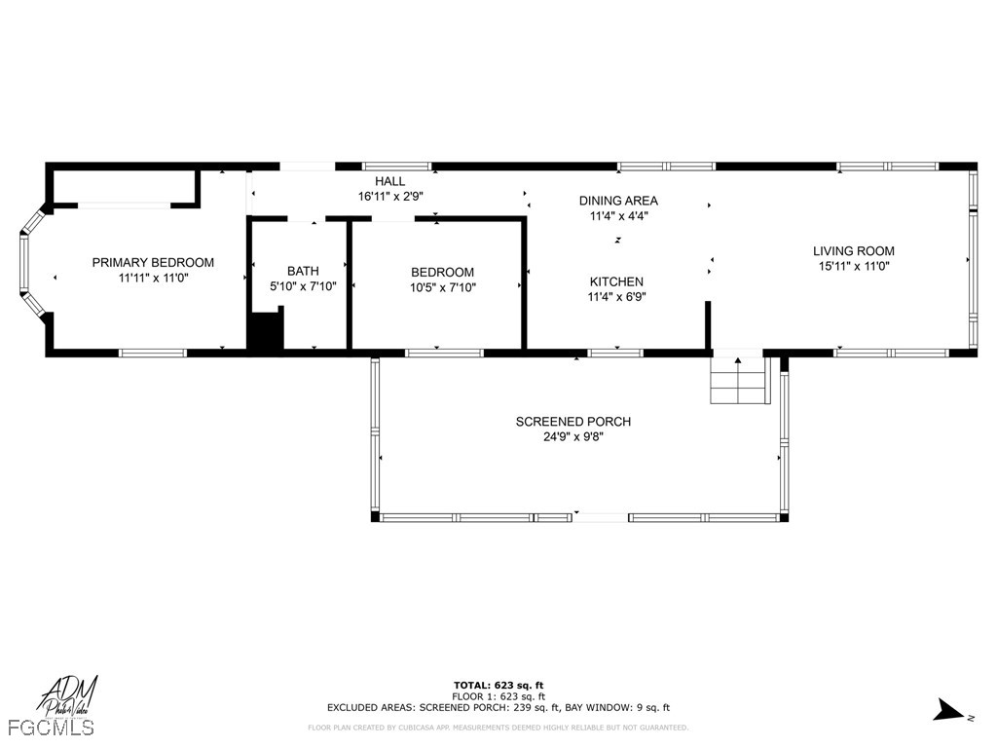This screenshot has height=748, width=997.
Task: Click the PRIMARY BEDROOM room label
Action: tap(153, 262)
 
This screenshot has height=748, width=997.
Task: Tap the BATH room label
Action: tap(303, 271)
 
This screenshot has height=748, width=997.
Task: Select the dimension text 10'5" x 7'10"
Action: tap(442, 287)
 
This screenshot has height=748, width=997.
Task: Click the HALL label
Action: tap(389, 181)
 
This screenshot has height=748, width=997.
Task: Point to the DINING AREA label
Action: tap(618, 201)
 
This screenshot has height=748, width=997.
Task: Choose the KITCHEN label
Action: tap(615, 281)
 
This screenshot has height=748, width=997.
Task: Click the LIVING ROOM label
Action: tap(853, 251)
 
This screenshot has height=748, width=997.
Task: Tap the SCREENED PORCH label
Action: tap(572, 422)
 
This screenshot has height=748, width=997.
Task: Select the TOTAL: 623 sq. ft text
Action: tap(498, 685)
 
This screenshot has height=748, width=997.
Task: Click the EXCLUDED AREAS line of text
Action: tap(498, 708)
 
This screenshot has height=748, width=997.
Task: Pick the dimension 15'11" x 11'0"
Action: tap(853, 266)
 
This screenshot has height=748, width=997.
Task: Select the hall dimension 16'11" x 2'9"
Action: tap(389, 196)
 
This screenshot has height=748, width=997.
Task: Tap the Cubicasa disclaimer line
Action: tap(498, 728)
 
